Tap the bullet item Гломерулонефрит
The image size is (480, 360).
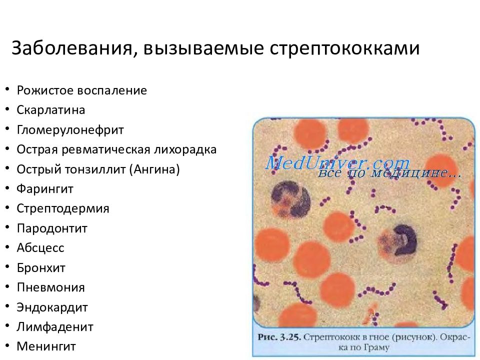pyautogui.click(x=70, y=130)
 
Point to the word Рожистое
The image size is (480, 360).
pyautogui.click(x=44, y=90)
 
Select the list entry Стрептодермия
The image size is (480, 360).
pyautogui.click(x=62, y=208)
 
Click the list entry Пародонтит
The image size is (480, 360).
pyautogui.click(x=52, y=228)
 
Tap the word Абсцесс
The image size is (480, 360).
pyautogui.click(x=40, y=248)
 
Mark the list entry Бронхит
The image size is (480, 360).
pyautogui.click(x=41, y=267)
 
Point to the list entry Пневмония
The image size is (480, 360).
pyautogui.click(x=50, y=287)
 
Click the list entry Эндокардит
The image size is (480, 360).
pyautogui.click(x=52, y=307)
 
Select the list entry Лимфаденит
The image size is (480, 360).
pyautogui.click(x=55, y=327)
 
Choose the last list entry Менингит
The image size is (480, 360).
pyautogui.click(x=46, y=346)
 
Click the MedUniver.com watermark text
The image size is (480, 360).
pyautogui.click(x=337, y=163)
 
